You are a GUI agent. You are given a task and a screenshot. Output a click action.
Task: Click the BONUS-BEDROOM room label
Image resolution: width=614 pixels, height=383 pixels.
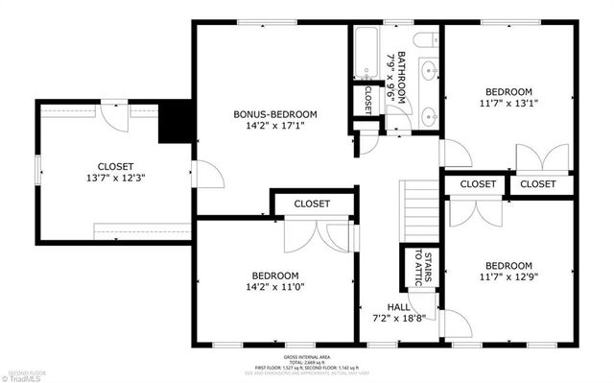275,114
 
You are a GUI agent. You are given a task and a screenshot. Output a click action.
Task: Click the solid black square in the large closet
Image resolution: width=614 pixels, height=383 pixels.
175,122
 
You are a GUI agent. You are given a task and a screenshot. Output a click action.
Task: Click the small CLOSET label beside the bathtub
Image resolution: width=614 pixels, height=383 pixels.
368,99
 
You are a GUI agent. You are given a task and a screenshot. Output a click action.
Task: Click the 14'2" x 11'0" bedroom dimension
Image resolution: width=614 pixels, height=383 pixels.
275,286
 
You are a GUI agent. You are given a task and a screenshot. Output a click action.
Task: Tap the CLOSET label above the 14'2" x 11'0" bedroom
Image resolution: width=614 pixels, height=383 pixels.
312,203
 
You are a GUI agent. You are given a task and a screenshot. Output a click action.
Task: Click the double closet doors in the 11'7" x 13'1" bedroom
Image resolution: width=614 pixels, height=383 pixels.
533,158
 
